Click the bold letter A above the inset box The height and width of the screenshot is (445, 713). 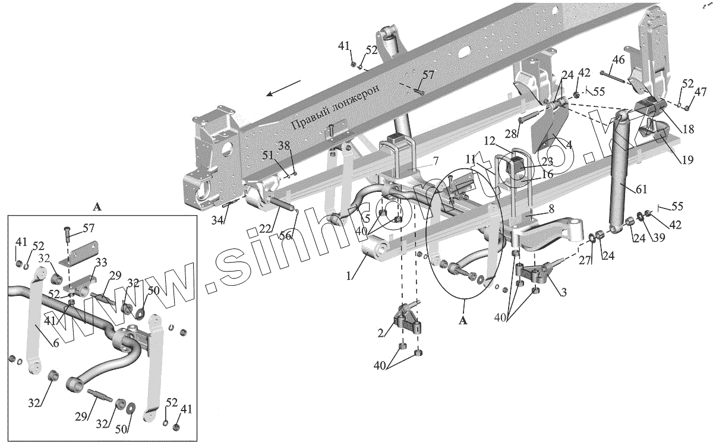pos(97,207)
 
